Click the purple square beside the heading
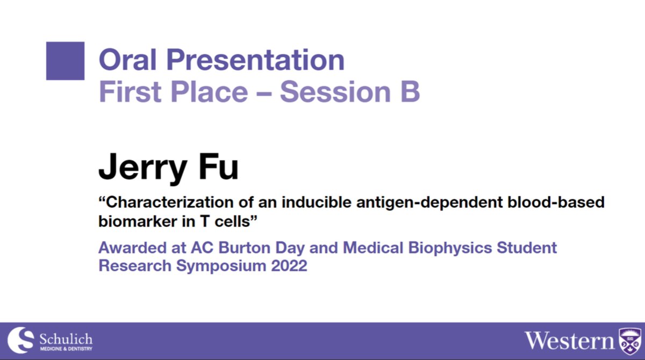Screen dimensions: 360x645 (x=65, y=61)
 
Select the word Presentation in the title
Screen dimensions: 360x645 (x=257, y=60)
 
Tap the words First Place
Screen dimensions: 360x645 (x=173, y=92)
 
